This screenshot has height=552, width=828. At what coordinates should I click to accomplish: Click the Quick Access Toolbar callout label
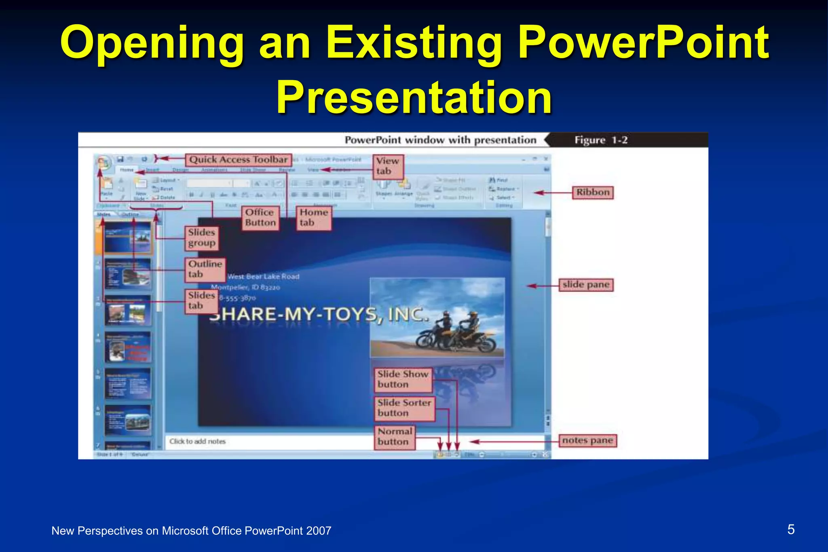pos(238,160)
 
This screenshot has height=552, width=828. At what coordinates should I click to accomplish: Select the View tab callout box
pos(387,166)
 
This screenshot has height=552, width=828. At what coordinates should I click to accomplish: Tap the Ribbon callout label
pos(592,192)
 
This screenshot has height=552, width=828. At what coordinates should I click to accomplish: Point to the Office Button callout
pos(260,218)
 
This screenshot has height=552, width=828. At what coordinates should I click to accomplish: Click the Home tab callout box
pos(313,218)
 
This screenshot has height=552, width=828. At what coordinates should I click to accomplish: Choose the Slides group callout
pos(201,238)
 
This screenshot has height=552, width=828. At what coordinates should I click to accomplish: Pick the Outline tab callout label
pos(205,269)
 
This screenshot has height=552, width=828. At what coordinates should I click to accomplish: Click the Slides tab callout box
pos(201,300)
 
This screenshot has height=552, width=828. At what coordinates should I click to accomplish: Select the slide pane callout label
pos(585,285)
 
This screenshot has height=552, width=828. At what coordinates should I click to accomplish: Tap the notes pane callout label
pos(587,440)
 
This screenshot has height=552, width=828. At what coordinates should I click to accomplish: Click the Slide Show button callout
pos(403,379)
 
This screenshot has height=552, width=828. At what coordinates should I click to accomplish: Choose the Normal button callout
pos(395,437)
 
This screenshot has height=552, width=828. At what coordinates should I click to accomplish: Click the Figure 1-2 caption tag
pos(601,140)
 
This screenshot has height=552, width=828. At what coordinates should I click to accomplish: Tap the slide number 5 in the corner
pos(791,529)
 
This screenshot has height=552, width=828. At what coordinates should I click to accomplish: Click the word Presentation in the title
pos(414,97)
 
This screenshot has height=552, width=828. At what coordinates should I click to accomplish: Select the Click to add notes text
pos(197,442)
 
